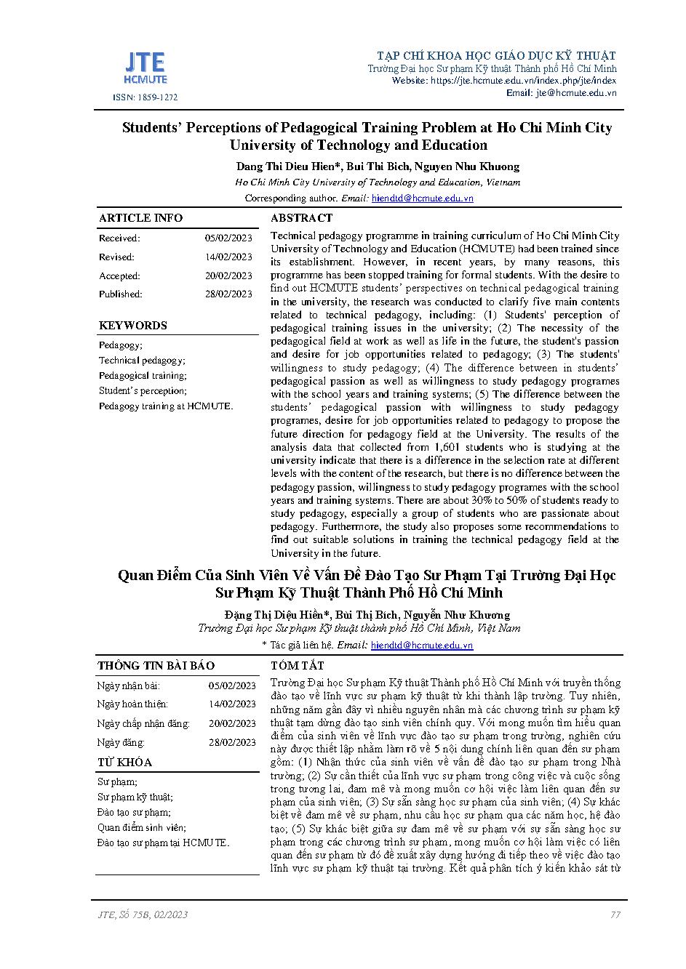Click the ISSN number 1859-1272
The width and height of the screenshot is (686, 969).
coord(145,97)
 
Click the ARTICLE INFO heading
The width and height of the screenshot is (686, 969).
coord(140,218)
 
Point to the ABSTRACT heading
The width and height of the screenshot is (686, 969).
coord(301,218)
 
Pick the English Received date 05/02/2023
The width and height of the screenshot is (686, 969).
coord(228,238)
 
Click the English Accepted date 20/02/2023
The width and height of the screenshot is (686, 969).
coord(228,276)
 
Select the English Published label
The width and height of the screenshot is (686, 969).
coord(121,294)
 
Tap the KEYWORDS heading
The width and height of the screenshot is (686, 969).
coord(133,326)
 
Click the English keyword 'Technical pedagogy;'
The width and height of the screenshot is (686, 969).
coord(142,361)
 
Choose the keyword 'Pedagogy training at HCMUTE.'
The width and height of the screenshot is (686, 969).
coord(166,406)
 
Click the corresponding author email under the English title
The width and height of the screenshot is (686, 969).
coord(422,198)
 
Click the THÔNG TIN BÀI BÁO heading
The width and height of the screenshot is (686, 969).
coord(156,666)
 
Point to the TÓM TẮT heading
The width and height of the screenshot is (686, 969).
coord(297,666)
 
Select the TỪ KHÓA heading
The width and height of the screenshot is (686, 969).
coord(125,763)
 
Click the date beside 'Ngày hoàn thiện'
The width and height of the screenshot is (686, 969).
coord(232,704)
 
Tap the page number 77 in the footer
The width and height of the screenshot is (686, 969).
coord(615,914)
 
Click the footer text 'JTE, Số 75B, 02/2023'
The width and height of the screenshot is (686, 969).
coord(143,914)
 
